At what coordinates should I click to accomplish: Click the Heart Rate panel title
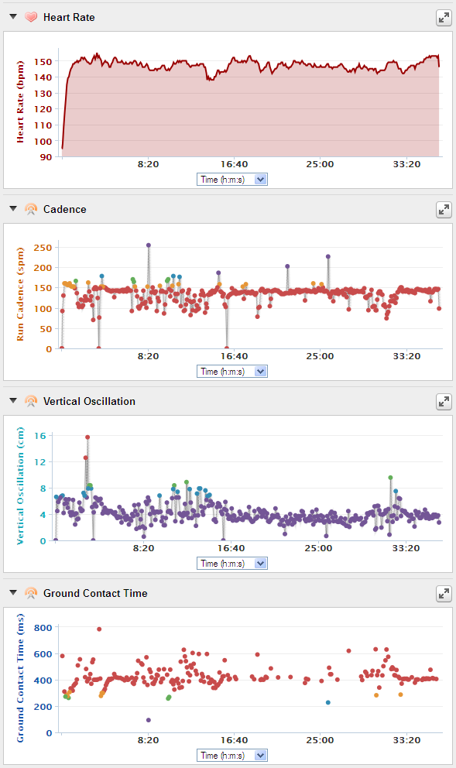(x=69, y=17)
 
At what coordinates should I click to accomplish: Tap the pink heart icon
(x=31, y=17)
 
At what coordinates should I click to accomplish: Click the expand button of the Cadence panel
(x=444, y=210)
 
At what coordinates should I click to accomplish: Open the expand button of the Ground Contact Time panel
(x=444, y=594)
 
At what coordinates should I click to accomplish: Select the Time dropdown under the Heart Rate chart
(x=232, y=180)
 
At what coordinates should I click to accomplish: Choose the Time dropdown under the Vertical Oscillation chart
(x=232, y=564)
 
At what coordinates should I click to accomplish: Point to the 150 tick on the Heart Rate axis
(x=43, y=62)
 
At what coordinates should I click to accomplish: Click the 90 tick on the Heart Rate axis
(x=46, y=157)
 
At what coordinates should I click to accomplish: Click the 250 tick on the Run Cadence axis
(x=43, y=248)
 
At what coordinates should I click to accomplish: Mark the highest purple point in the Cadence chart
(x=149, y=245)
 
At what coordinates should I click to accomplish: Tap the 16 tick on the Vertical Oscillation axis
(x=40, y=436)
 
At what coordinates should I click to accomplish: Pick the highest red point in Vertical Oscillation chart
(x=87, y=437)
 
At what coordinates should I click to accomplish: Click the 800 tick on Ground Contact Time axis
(x=43, y=628)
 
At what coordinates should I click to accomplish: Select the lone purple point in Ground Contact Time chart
(x=149, y=720)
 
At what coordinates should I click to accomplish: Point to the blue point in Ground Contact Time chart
(x=327, y=702)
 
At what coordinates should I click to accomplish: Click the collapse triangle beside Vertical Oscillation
(x=13, y=401)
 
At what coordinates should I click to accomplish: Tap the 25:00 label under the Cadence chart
(x=320, y=356)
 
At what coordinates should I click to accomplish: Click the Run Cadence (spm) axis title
(x=20, y=294)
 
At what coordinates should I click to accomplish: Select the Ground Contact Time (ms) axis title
(x=20, y=678)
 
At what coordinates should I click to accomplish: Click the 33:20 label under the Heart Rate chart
(x=406, y=164)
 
